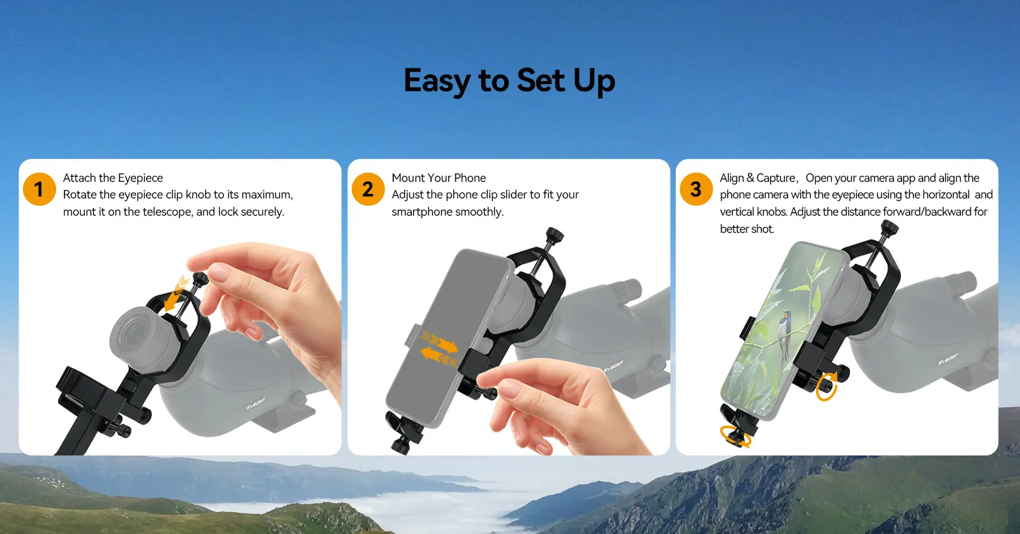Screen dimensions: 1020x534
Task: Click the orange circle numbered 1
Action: click(39, 189)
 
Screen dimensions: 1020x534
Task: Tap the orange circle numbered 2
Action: click(368, 189)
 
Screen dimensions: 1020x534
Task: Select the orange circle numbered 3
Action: click(696, 189)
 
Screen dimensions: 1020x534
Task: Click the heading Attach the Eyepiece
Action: click(113, 178)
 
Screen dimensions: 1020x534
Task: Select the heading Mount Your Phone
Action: click(439, 178)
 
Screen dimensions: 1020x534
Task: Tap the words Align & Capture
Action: click(757, 178)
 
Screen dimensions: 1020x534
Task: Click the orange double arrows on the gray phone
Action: click(439, 349)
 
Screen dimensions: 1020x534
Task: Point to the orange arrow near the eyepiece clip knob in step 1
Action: click(176, 293)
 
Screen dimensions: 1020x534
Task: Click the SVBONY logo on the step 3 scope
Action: click(949, 359)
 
